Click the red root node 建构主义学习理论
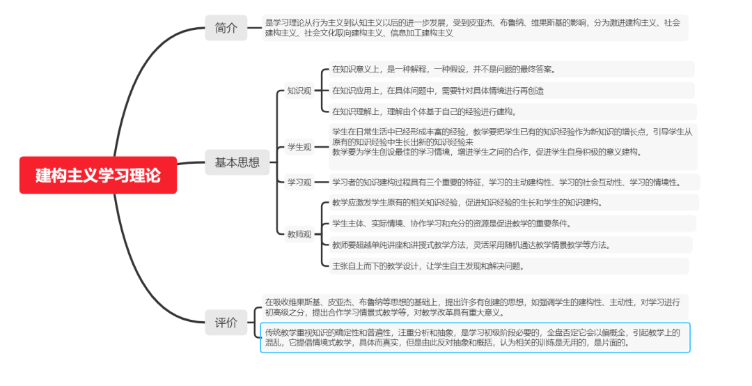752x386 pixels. tap(98, 176)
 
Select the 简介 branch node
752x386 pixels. tap(226, 29)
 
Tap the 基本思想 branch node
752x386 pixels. tap(237, 162)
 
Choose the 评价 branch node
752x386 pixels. tap(226, 323)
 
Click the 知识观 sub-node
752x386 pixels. tap(299, 91)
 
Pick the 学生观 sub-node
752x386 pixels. tap(299, 146)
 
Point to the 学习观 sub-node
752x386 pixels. tap(299, 183)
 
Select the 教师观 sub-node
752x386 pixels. tap(299, 234)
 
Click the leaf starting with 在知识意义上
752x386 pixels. tap(444, 69)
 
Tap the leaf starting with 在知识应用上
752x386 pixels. tap(438, 91)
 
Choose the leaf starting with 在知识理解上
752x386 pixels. tap(424, 111)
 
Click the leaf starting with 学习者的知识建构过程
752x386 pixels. tap(506, 183)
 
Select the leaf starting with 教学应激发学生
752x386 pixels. tap(467, 203)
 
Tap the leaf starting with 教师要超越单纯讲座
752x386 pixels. tap(471, 245)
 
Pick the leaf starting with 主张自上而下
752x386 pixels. tap(428, 265)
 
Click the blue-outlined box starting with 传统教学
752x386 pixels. tap(474, 337)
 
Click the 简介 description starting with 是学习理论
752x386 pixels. tap(473, 28)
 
